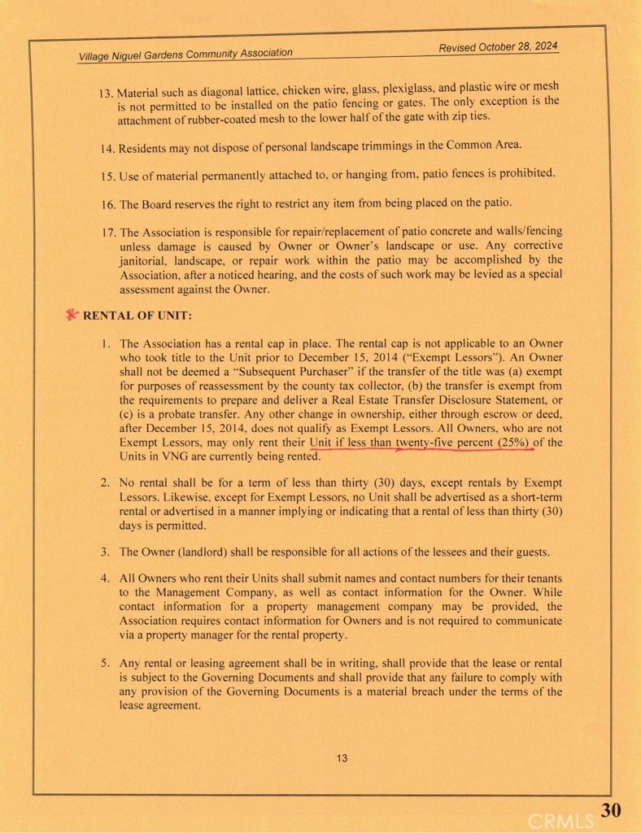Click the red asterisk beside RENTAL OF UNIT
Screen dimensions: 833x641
(72, 315)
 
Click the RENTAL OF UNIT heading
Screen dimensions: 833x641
(137, 316)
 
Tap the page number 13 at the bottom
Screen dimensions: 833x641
(342, 758)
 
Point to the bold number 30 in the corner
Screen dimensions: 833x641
(613, 809)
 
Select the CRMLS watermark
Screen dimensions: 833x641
(561, 820)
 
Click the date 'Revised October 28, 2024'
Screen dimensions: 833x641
(498, 47)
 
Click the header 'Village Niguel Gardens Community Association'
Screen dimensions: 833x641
(185, 55)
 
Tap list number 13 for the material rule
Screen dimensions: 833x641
(107, 92)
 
